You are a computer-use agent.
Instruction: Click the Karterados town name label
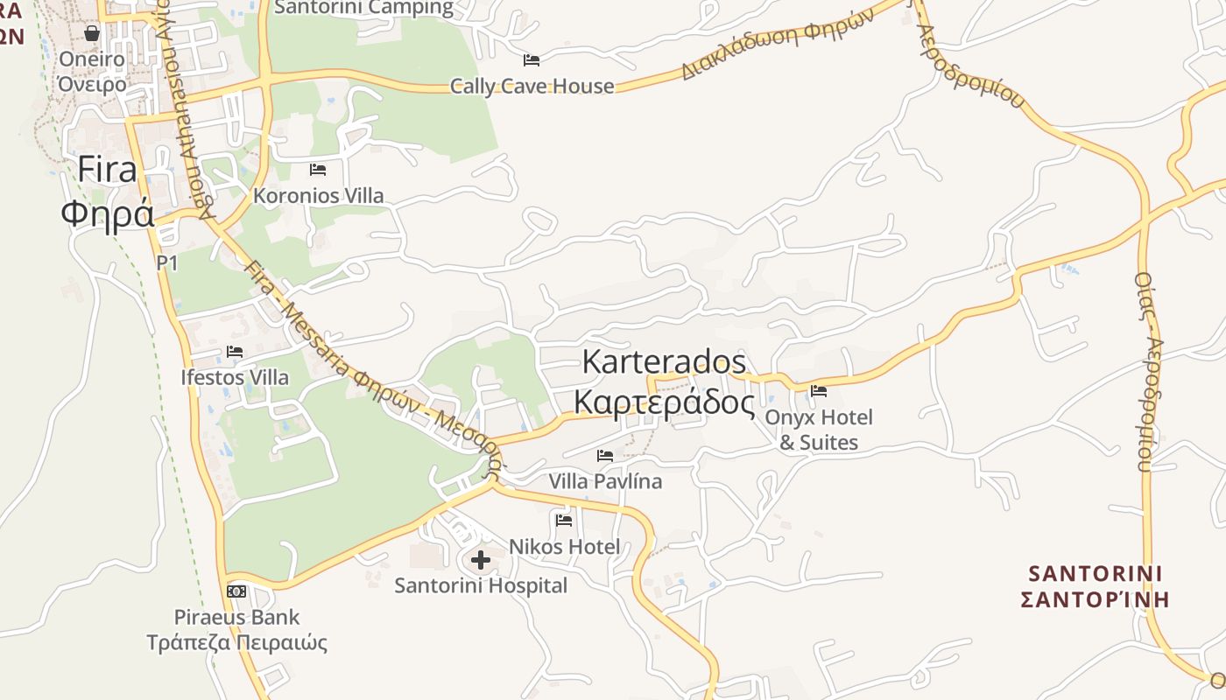[x=664, y=381]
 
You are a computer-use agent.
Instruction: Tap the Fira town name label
[x=108, y=191]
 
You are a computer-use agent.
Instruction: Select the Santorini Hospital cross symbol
[x=481, y=560]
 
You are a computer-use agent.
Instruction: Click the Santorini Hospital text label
[x=481, y=585]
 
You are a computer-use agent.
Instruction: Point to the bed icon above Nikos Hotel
[x=564, y=521]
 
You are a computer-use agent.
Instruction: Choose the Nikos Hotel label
[x=564, y=547]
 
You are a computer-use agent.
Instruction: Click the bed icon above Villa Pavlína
[x=605, y=456]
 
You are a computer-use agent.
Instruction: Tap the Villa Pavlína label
[x=605, y=481]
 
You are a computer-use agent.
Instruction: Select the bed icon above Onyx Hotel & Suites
[x=819, y=391]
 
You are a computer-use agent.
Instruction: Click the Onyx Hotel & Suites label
[x=819, y=430]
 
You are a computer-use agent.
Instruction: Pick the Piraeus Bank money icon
[x=236, y=591]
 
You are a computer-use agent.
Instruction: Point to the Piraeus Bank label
[x=236, y=630]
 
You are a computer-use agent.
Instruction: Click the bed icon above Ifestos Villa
[x=235, y=352]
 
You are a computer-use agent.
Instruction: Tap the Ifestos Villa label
[x=235, y=378]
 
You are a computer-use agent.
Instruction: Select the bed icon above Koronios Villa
[x=318, y=170]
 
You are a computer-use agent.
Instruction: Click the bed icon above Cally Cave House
[x=532, y=60]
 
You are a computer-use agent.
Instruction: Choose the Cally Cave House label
[x=532, y=87]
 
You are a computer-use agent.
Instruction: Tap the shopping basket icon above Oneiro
[x=92, y=33]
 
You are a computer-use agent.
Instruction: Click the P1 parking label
[x=167, y=262]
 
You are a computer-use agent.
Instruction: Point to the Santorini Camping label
[x=364, y=8]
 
